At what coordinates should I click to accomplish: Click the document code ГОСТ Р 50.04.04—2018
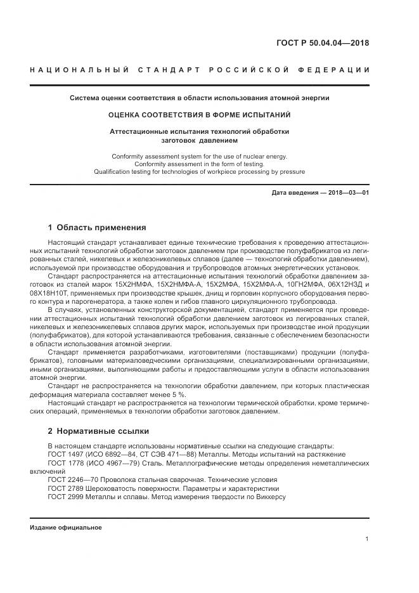click(323, 43)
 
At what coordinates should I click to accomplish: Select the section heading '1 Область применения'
click(97, 227)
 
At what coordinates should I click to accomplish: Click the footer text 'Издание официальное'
click(66, 527)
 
